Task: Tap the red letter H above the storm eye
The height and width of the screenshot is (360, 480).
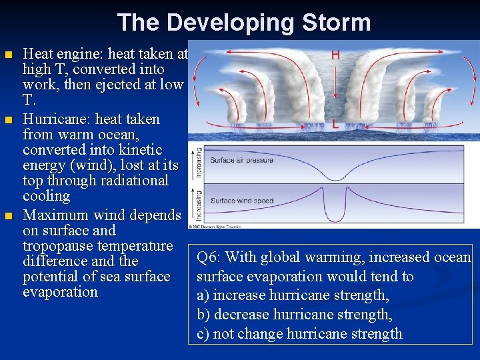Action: pos(335,55)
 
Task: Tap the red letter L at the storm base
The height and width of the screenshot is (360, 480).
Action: pos(335,124)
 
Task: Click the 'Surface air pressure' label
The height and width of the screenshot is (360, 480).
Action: pos(241,160)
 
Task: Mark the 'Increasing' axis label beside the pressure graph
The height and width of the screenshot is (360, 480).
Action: pos(198,163)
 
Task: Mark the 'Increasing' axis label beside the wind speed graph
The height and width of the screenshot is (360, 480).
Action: pos(198,204)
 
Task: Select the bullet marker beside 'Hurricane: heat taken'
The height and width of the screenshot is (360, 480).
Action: pos(8,120)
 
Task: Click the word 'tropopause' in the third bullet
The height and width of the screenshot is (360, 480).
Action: pos(58,246)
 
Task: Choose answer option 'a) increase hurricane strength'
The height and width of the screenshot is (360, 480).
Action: pos(293,295)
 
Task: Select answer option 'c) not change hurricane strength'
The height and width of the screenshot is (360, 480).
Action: pos(299,334)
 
